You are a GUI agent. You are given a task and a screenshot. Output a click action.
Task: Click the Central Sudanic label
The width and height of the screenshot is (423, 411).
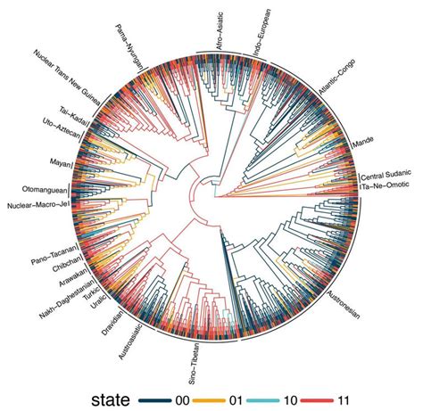point(386,177)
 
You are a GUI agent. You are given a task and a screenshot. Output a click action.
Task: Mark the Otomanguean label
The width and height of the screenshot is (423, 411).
point(41,191)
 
